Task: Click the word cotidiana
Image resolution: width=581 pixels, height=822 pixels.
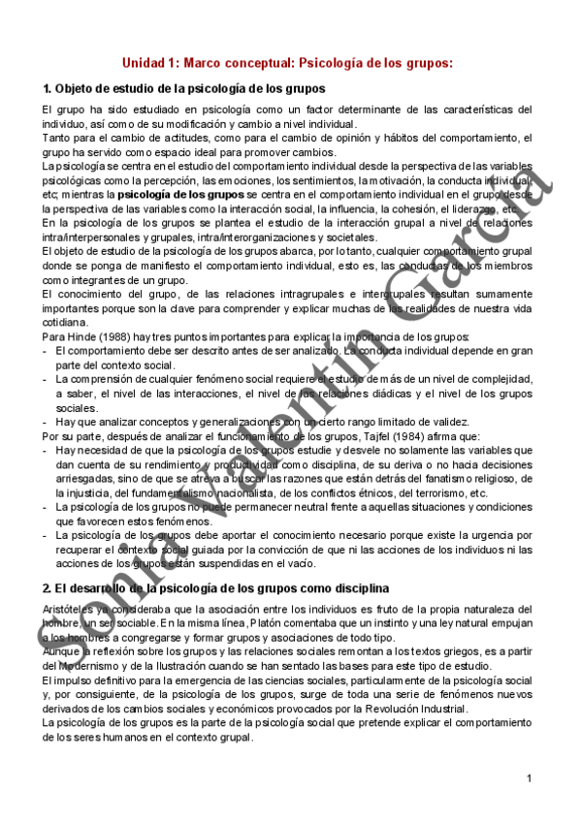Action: pyautogui.click(x=64, y=323)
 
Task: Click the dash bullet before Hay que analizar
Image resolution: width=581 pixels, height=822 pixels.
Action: pyautogui.click(x=46, y=422)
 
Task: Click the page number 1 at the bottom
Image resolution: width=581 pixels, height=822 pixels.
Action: pyautogui.click(x=531, y=778)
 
